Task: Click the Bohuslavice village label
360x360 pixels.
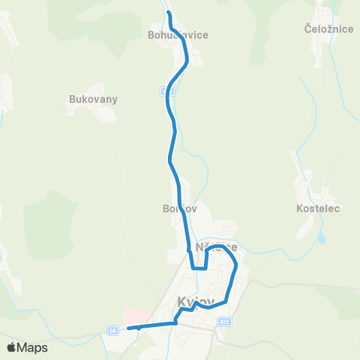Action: click(178, 34)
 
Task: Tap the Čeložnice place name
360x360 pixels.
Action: click(324, 29)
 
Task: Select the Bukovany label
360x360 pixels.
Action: click(93, 98)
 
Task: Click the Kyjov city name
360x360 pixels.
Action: click(196, 302)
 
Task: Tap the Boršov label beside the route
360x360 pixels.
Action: click(179, 208)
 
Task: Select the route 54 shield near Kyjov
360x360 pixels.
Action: click(112, 330)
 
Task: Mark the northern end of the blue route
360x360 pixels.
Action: click(168, 13)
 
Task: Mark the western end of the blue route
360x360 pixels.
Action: click(129, 328)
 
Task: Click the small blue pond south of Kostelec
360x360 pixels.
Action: click(322, 238)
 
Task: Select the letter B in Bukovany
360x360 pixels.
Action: click(72, 98)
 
